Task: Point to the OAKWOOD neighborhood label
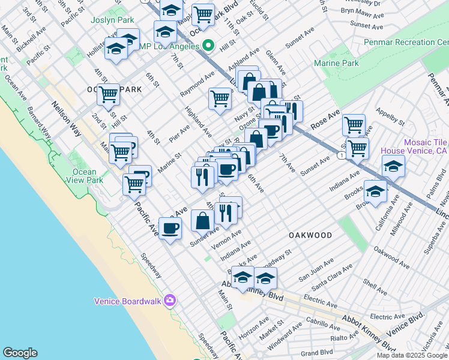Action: [310, 235]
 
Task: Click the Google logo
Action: [20, 353]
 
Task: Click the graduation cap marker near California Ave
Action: [375, 191]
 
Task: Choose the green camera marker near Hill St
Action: [209, 44]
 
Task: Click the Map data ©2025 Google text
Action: [412, 355]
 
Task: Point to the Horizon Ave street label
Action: [251, 329]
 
